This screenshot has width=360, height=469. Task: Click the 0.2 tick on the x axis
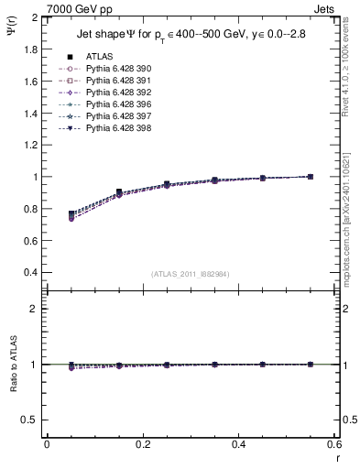[x=142, y=444]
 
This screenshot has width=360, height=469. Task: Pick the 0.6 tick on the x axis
[x=334, y=444]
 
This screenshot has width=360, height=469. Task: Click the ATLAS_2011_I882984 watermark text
[x=191, y=274]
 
